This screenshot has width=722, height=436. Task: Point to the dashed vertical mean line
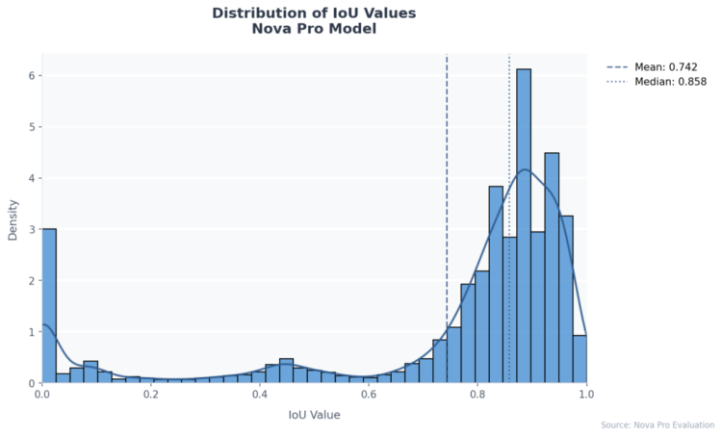click(447, 192)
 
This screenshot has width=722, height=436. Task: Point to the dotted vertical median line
click(509, 144)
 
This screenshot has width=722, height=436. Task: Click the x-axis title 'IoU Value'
click(314, 416)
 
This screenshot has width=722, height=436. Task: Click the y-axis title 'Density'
click(13, 218)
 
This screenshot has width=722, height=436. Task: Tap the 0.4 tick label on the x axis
click(259, 394)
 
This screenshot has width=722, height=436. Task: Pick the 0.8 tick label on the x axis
click(477, 394)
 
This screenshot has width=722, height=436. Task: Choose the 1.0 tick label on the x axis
click(585, 394)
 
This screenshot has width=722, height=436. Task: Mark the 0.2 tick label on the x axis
click(150, 394)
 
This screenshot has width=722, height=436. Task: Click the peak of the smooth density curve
click(524, 170)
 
